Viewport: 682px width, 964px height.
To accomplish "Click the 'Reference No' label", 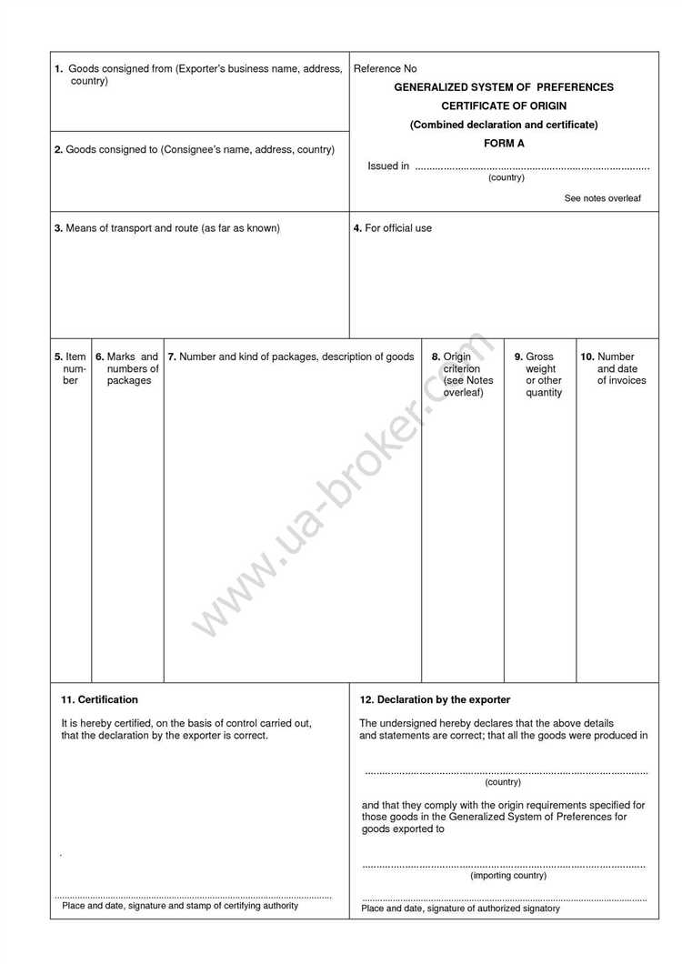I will [x=385, y=69].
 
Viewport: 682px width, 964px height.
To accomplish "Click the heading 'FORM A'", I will [x=504, y=144].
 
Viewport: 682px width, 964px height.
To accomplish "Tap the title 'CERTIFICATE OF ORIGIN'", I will [x=504, y=106].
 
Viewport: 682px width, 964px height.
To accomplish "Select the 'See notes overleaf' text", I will [x=602, y=198].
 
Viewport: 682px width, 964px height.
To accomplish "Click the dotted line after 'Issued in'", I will [x=532, y=168].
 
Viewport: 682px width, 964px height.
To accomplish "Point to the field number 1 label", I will [x=58, y=69].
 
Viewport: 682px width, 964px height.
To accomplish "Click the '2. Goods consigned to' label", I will [x=195, y=149].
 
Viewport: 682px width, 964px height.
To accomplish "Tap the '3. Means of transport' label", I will [x=167, y=228].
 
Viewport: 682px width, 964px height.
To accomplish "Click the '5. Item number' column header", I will [x=70, y=368].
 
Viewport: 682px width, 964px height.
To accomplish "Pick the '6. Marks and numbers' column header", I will [x=127, y=368].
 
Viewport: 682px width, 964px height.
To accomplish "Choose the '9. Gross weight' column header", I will [x=539, y=374].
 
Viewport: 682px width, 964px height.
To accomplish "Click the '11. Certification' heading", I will [x=99, y=700].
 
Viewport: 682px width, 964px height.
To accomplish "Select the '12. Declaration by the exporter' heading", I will [x=436, y=700].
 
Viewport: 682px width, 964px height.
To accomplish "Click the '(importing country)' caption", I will [x=508, y=876].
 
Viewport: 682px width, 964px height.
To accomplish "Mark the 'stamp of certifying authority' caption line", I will [x=180, y=906].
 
